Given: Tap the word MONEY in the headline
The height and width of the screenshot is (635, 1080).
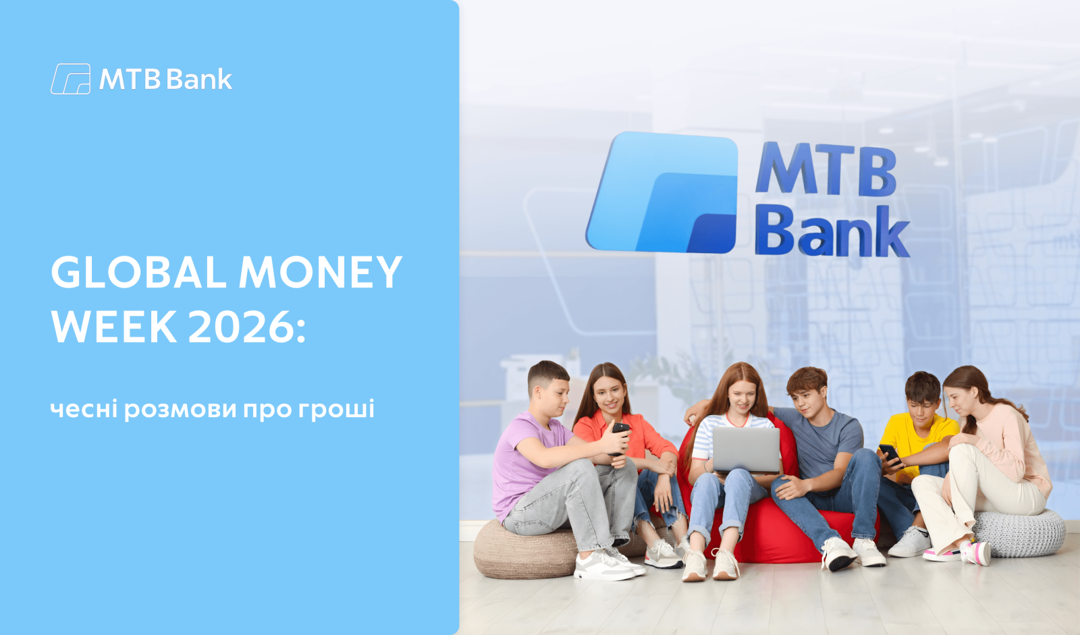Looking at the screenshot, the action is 321,273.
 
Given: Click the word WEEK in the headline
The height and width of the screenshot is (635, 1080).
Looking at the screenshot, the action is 114,327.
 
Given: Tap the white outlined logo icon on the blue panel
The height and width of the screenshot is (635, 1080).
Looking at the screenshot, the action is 70,79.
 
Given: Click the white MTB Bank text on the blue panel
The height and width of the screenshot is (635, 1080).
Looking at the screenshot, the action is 165,79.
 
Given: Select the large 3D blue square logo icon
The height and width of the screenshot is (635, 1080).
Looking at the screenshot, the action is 662,193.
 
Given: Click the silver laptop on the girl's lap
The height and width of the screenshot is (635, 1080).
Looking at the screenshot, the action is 745,450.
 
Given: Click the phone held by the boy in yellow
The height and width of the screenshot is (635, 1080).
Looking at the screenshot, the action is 890,454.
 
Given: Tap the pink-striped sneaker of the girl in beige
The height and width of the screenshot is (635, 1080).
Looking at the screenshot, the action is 976,553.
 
